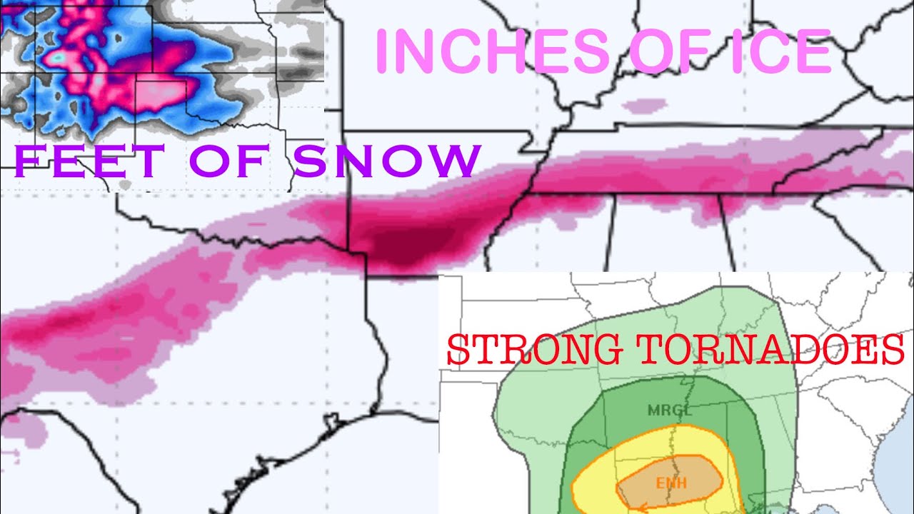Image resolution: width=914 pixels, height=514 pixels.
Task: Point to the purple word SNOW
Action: pyautogui.click(x=386, y=161)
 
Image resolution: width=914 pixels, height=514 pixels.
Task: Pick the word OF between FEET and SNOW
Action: pyautogui.click(x=228, y=161)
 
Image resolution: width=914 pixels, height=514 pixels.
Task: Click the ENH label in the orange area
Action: pyautogui.click(x=671, y=483)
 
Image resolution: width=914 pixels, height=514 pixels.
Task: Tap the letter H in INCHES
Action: pyautogui.click(x=499, y=51)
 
